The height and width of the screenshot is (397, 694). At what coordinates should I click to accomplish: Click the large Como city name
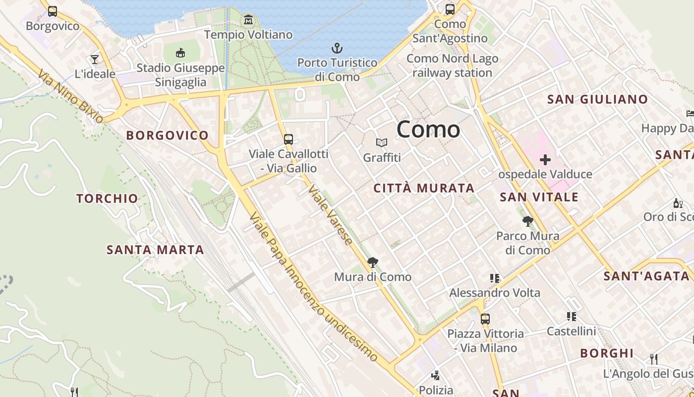click(x=428, y=130)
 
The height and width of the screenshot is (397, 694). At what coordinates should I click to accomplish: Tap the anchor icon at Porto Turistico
click(x=337, y=49)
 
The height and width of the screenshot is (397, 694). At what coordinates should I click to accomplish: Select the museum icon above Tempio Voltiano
click(x=248, y=20)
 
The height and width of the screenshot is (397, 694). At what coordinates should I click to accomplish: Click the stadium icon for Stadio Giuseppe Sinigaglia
click(x=181, y=53)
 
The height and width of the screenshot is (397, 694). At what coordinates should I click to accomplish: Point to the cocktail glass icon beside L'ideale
click(x=95, y=60)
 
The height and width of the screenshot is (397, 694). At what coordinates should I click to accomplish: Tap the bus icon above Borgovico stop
click(x=53, y=11)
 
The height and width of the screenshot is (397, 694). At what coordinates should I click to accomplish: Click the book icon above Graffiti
click(x=381, y=143)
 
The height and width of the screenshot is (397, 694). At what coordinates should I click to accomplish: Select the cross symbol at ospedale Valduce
click(x=545, y=160)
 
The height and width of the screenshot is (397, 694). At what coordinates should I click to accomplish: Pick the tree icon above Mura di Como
click(x=372, y=263)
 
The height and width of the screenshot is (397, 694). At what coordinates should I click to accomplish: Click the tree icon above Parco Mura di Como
click(x=528, y=221)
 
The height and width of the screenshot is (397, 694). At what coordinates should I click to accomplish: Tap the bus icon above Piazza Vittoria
click(x=485, y=319)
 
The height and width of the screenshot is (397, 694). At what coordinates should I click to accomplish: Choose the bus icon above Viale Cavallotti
click(x=289, y=139)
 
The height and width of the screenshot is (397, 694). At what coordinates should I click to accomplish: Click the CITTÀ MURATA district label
click(x=424, y=189)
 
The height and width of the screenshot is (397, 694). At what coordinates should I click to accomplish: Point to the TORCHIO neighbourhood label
click(x=107, y=199)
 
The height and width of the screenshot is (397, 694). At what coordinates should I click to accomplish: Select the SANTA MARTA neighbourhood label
click(x=155, y=250)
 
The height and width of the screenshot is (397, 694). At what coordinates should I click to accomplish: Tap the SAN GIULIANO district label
click(x=597, y=99)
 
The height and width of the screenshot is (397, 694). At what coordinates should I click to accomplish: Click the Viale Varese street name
click(x=330, y=215)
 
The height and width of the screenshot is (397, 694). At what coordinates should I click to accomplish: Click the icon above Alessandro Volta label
click(x=494, y=278)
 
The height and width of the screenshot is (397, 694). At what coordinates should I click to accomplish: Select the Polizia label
click(x=436, y=390)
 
